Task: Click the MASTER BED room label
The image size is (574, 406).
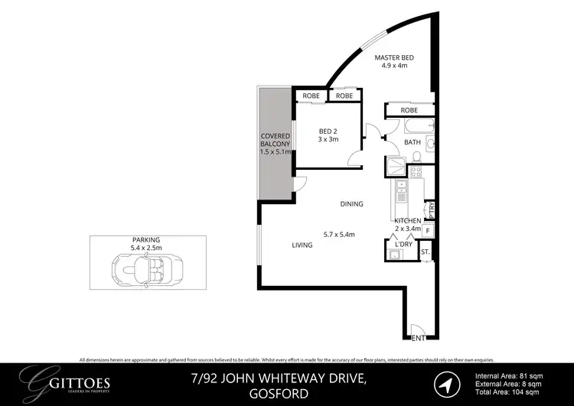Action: tap(393, 57)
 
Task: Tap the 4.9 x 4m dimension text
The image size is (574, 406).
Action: tap(393, 66)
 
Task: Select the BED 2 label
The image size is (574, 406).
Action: tap(328, 131)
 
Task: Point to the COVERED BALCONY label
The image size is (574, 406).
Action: tap(274, 143)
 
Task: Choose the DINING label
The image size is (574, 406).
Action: tap(352, 203)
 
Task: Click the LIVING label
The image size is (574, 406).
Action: tap(302, 245)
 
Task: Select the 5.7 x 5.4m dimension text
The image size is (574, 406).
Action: tap(340, 234)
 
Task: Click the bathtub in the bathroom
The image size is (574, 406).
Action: tap(413, 125)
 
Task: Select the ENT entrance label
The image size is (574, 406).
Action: tap(418, 337)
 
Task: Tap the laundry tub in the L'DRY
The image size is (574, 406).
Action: tap(396, 255)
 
